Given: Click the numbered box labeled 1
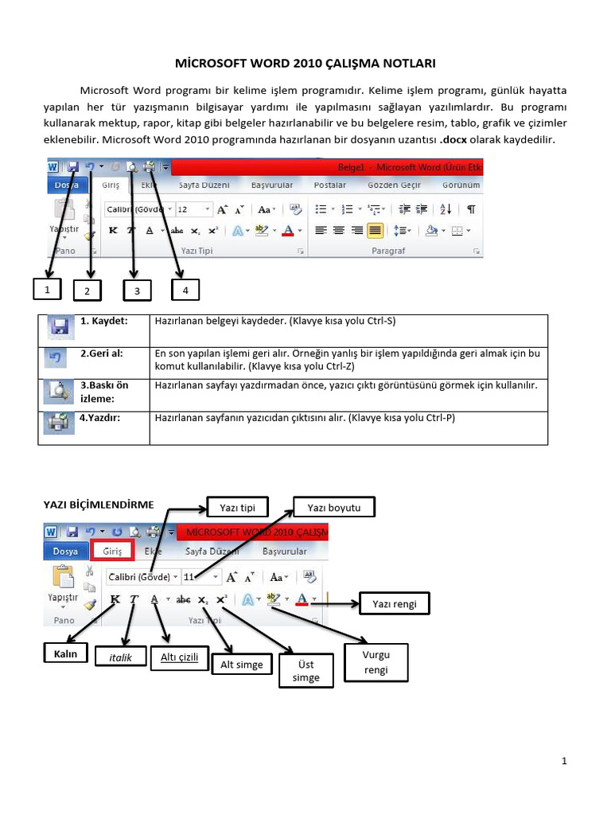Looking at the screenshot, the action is [x=48, y=290].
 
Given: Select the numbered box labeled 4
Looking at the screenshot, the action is [x=185, y=291].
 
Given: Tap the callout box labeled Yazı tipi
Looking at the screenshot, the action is [x=237, y=506].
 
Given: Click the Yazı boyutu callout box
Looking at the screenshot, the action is [x=333, y=506].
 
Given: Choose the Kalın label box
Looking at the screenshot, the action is [x=64, y=655].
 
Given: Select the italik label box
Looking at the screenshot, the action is [x=120, y=657].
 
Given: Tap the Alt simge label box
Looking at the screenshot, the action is [x=241, y=665].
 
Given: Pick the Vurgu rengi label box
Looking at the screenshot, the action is [x=376, y=662].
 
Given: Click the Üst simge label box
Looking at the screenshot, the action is [x=305, y=670].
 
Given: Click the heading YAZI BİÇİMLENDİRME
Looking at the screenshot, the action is [x=98, y=504].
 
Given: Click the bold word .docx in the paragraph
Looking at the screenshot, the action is [x=453, y=139].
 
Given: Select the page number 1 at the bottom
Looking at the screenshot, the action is [x=563, y=762].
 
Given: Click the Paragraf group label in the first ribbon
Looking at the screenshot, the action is [x=388, y=250].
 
